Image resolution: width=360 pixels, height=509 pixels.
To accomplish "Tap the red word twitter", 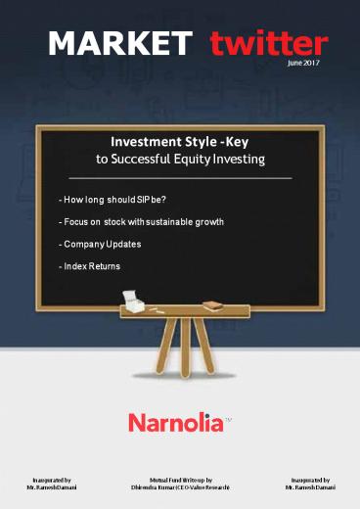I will click(269, 43).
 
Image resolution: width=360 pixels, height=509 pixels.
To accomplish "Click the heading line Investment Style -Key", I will click(180, 141).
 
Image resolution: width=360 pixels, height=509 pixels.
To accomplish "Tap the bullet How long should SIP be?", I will click(112, 199).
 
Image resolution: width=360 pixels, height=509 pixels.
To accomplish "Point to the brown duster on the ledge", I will click(214, 305).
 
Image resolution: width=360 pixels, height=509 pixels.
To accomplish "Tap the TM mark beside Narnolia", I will click(229, 417).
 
